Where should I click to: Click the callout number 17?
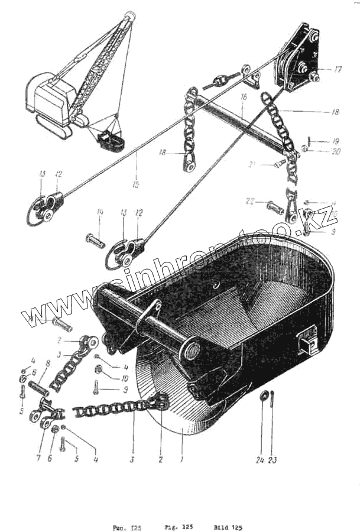[338, 69]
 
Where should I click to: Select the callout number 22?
[251, 202]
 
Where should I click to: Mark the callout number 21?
[251, 164]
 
